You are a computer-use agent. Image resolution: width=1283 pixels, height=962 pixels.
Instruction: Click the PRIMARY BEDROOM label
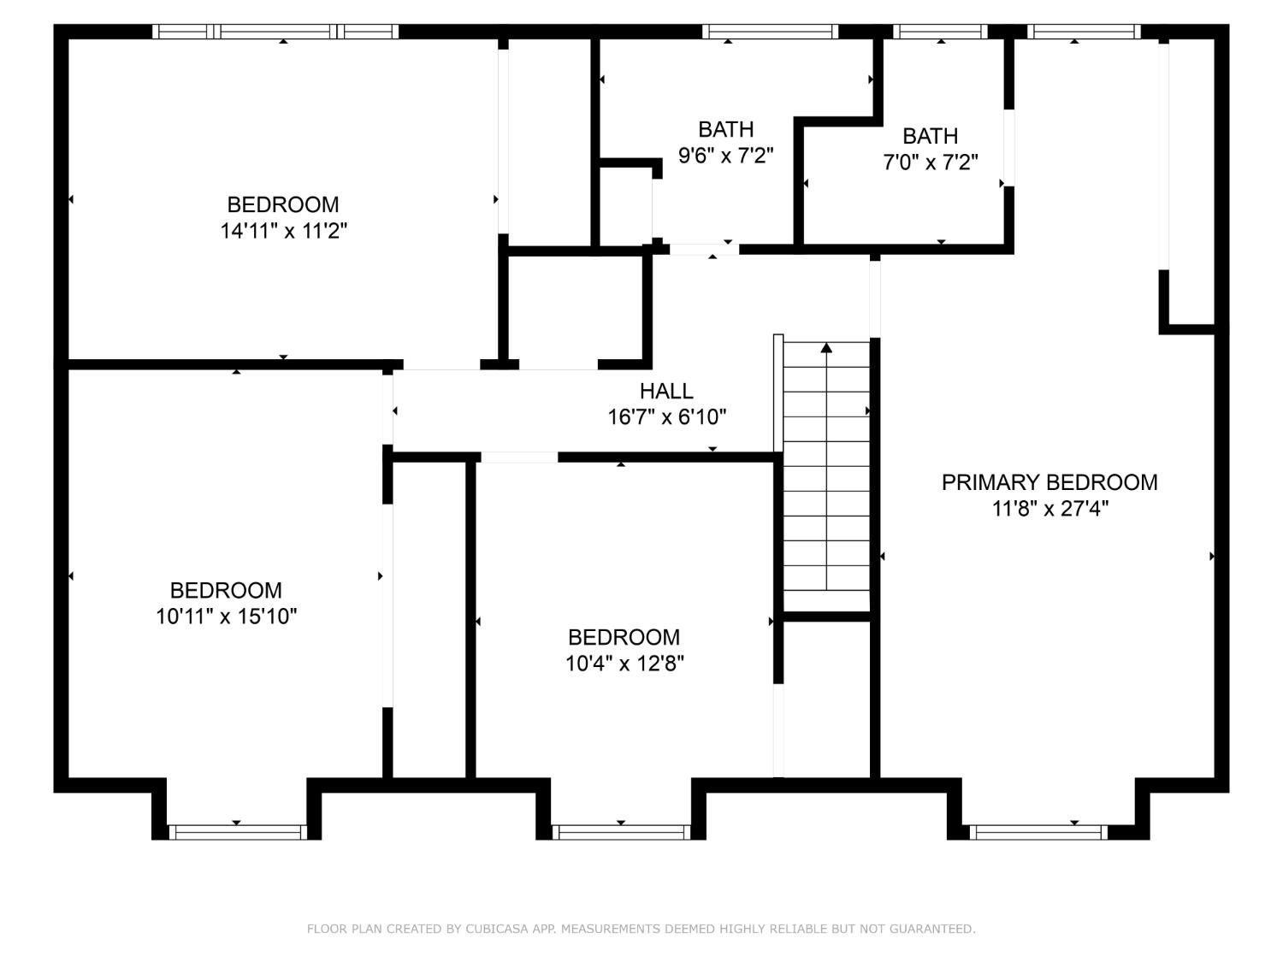click(1049, 482)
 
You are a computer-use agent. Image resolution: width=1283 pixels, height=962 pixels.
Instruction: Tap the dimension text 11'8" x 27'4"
click(1049, 509)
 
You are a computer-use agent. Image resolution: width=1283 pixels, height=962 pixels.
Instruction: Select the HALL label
click(666, 391)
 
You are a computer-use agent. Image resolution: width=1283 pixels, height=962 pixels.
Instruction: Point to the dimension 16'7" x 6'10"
click(666, 417)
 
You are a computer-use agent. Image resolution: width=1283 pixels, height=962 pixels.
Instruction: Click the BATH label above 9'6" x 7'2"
click(725, 129)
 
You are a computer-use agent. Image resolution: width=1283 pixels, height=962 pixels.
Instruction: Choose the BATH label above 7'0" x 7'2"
click(930, 136)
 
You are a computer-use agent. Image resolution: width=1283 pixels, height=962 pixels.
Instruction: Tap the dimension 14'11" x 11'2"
click(283, 231)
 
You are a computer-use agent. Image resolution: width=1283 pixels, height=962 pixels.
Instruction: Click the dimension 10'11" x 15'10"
click(226, 617)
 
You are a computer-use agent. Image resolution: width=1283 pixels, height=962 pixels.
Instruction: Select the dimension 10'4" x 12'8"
click(624, 664)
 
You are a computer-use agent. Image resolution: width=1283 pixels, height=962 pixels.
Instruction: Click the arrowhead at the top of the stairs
click(826, 347)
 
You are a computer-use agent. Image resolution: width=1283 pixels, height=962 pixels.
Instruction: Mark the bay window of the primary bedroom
click(1038, 832)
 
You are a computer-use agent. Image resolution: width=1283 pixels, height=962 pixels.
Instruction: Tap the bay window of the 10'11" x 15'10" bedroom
click(237, 832)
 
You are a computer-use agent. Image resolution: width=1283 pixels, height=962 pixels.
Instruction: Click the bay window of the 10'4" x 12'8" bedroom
click(621, 832)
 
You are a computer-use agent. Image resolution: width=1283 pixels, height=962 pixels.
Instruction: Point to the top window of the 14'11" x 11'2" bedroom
click(275, 32)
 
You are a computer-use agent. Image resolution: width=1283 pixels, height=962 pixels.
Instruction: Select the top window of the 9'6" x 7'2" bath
click(770, 32)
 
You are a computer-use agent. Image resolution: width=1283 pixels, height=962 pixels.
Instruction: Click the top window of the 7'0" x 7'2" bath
click(941, 32)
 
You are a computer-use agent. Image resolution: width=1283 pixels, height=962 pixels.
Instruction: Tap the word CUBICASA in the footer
click(498, 929)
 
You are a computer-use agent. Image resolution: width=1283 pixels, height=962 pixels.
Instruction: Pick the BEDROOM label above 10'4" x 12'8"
click(624, 637)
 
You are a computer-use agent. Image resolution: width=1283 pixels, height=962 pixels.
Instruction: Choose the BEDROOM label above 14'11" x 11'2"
click(283, 204)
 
